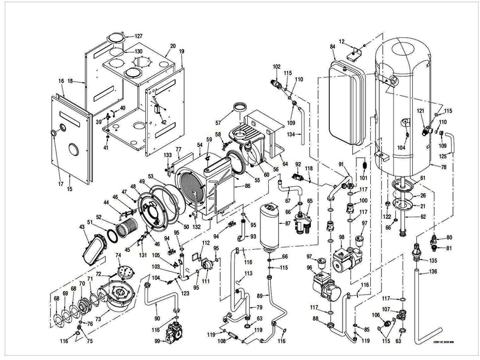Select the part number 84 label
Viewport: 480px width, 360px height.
point(332,46)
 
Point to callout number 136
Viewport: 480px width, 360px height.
point(433,272)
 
